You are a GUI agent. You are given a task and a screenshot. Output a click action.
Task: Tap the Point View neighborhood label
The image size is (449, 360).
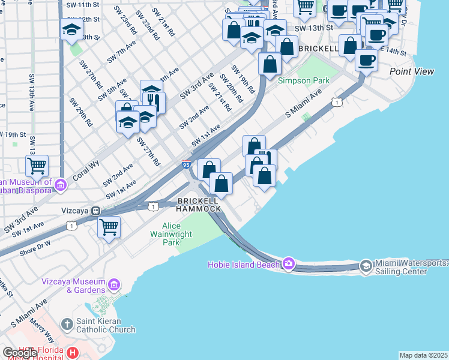click(412, 71)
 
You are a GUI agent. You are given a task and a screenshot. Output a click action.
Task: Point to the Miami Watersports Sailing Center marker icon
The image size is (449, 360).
click(366, 265)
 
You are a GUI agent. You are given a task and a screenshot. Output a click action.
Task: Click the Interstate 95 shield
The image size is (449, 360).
click(187, 163)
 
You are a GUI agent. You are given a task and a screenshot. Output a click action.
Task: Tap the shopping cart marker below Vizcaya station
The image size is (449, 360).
click(109, 227)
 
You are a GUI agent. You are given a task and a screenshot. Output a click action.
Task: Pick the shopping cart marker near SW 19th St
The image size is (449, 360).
click(37, 165)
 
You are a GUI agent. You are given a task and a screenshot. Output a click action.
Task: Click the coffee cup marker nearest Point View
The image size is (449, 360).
click(366, 59)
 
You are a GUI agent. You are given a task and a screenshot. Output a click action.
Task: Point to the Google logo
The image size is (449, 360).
click(20, 353)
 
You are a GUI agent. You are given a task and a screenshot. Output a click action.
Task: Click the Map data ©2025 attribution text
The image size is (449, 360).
click(423, 355)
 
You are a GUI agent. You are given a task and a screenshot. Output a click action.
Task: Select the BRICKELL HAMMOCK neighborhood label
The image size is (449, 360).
click(199, 204)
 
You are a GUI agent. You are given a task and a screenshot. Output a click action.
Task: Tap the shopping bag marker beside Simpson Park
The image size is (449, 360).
click(270, 63)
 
